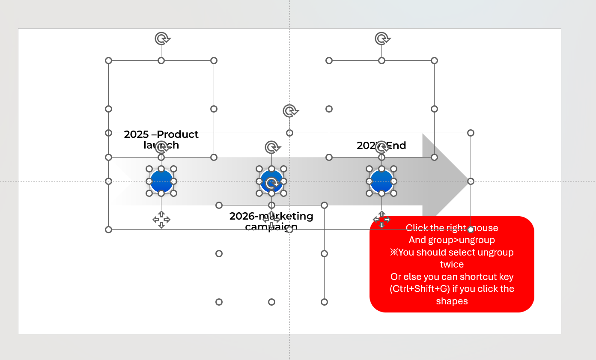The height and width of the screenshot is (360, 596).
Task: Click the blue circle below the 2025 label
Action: coord(161,181)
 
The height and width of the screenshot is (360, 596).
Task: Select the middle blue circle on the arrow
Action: coord(271,181)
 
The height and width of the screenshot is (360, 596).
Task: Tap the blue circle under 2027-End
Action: coord(381,181)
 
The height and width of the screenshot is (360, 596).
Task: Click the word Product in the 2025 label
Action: coord(178,134)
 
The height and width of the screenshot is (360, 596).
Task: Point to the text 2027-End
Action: coord(381,146)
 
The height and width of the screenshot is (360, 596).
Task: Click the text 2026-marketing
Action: coord(271,216)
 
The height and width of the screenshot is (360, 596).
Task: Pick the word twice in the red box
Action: coord(452,265)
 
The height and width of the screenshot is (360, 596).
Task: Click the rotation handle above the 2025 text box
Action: coord(161,39)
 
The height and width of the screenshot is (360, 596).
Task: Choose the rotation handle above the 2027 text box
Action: coord(381,39)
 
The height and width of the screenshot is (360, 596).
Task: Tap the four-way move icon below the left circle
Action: coord(161,220)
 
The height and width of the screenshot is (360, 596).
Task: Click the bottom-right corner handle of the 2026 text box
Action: coord(324,302)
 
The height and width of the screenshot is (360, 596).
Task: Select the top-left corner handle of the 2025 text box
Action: coord(108,61)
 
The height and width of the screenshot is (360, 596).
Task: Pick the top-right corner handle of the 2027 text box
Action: coord(434,61)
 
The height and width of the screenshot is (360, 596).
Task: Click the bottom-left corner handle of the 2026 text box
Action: coord(219,302)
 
